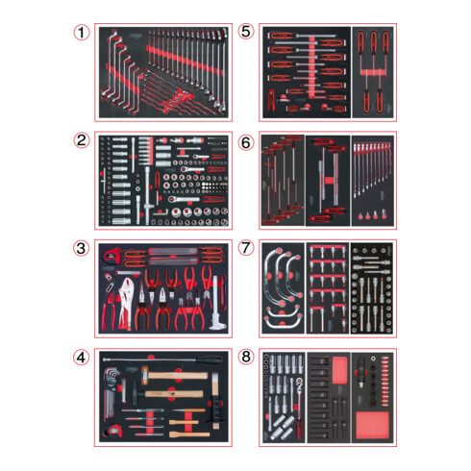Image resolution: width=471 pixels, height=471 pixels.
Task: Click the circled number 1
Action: (x=82, y=33)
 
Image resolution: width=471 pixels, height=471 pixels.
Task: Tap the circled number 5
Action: (x=246, y=32)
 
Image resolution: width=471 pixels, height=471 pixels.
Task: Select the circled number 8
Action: (x=246, y=357)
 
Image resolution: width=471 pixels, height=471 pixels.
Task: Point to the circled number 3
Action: (x=81, y=248)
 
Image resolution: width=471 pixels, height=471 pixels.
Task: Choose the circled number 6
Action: (x=246, y=142)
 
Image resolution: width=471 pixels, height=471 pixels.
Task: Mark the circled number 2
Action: (x=82, y=140)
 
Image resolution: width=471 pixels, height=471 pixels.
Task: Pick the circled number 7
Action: (x=246, y=248)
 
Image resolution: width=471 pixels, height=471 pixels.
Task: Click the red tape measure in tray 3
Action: (x=112, y=255)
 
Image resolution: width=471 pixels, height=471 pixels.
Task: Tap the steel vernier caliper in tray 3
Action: (x=216, y=303)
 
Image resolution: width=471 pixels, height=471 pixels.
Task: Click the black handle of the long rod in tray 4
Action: (x=209, y=359)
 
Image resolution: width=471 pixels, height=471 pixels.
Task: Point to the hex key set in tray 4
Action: (x=112, y=394)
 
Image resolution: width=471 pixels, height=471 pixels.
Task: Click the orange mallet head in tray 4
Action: (x=144, y=373)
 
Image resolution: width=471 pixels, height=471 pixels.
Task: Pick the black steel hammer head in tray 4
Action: (x=135, y=393)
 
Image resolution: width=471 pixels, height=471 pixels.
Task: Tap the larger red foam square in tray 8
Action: (x=373, y=426)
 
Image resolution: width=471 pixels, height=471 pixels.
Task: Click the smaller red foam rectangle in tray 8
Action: (x=339, y=371)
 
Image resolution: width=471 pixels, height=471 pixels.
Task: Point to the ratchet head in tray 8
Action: (x=299, y=383)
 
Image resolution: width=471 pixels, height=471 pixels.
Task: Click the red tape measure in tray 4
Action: (x=114, y=431)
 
